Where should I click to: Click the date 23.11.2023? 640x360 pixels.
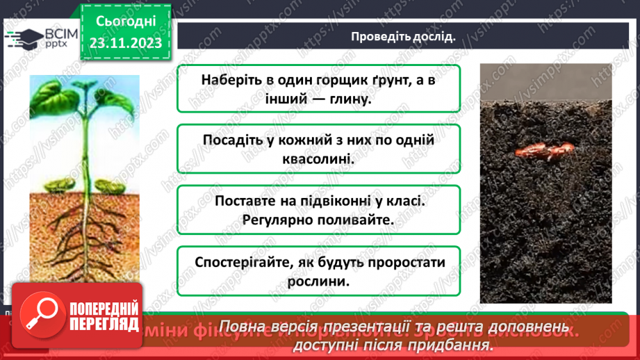coord(125,42)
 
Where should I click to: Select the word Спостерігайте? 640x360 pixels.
coord(239,263)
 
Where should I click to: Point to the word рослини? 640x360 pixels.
coord(318,282)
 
